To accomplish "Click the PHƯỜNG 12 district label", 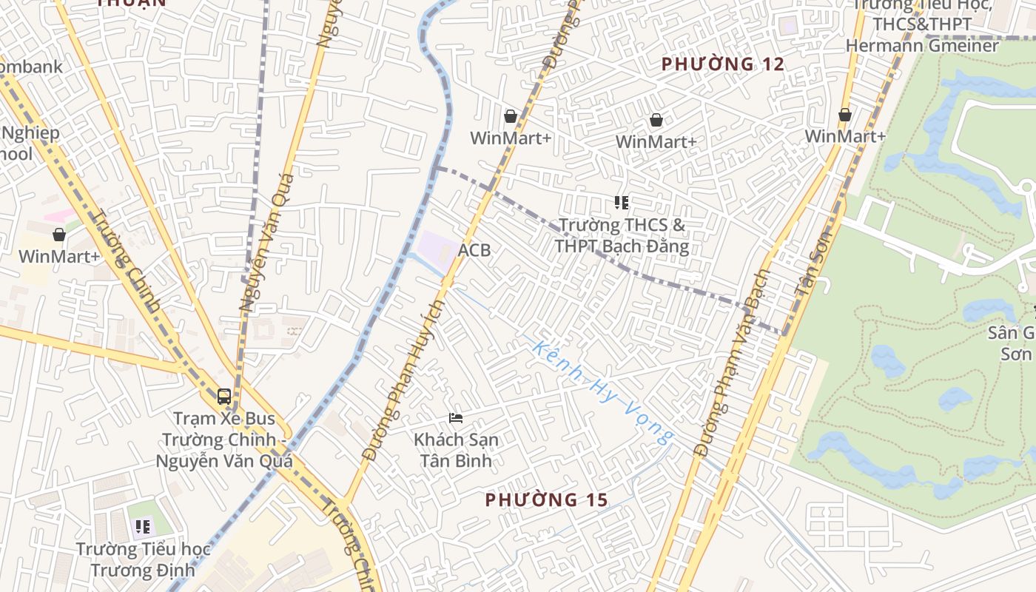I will tap(722, 64).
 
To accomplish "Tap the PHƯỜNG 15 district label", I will tap(546, 500).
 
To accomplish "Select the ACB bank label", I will tap(474, 250).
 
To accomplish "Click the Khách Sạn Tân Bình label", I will tap(456, 449).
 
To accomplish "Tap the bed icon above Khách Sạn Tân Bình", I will tap(456, 418).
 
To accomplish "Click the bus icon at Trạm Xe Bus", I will tap(224, 397).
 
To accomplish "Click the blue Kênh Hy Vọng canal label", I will tap(604, 393).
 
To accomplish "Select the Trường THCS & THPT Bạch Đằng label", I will tap(622, 235).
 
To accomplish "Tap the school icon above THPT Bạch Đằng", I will tap(622, 202).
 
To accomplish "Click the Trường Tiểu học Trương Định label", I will tap(144, 559).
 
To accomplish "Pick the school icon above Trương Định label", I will tap(143, 527).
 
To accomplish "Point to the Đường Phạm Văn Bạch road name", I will tap(733, 363).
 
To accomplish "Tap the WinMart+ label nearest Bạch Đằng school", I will tap(656, 141).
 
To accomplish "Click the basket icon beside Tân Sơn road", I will tap(845, 115).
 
